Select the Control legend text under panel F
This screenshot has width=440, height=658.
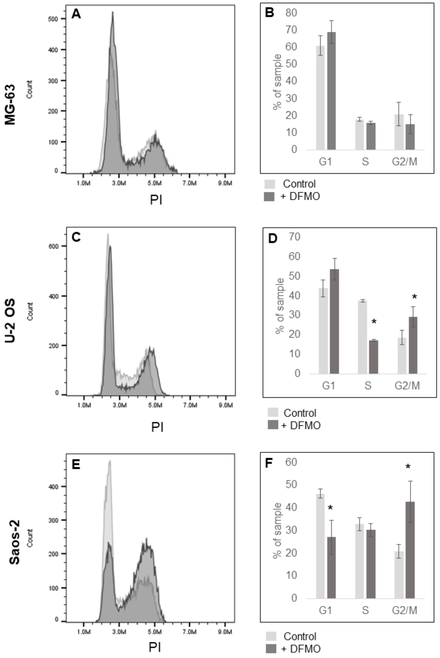pyautogui.click(x=300, y=636)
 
